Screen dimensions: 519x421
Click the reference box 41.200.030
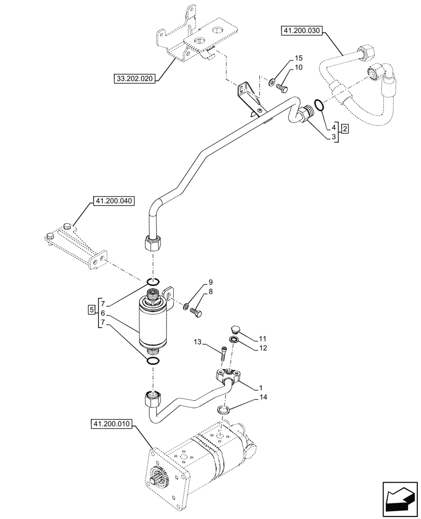[x=301, y=31]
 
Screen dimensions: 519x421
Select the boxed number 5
[x=92, y=310]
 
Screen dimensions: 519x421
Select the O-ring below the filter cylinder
[x=152, y=361]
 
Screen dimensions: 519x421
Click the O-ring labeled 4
[x=320, y=105]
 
